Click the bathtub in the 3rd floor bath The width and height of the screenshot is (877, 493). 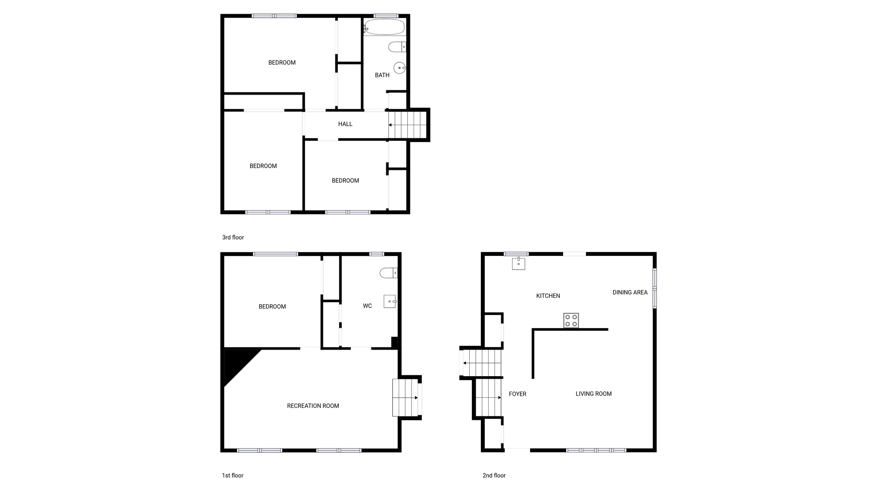(x=384, y=27)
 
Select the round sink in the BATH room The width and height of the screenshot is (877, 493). (x=400, y=68)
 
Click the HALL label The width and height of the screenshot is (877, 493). (x=345, y=124)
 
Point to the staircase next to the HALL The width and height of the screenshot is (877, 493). (x=408, y=125)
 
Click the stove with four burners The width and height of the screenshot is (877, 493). (x=571, y=321)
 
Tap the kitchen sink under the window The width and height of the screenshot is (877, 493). (x=519, y=264)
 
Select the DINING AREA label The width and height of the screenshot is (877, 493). (x=630, y=293)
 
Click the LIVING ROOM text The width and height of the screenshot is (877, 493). (x=594, y=394)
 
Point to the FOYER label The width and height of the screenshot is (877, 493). (x=517, y=394)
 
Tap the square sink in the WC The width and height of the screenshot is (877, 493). (x=390, y=301)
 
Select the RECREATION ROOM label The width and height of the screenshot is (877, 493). (x=313, y=406)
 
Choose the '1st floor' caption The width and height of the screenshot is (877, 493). (x=233, y=475)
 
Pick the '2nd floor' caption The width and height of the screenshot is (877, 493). (x=494, y=475)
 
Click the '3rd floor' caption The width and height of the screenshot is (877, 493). (x=233, y=238)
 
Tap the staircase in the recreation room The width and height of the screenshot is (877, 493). (x=405, y=398)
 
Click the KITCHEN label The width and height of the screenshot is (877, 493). (x=548, y=296)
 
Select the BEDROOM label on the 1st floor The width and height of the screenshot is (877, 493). (x=272, y=306)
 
